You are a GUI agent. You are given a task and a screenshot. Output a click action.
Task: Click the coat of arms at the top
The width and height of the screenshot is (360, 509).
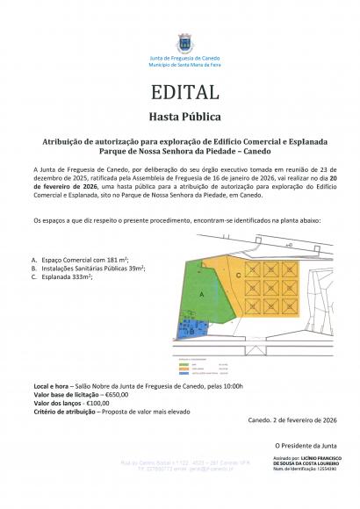pos(184,42)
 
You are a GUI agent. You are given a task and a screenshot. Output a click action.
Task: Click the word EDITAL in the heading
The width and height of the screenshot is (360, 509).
pos(184,91)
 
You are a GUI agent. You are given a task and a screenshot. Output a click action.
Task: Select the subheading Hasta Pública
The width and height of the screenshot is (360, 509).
pos(184,116)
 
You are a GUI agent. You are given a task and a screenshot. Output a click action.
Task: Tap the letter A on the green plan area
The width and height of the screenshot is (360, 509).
pos(203,297)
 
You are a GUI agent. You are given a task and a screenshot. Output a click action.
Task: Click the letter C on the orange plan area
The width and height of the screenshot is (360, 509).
pos(239,276)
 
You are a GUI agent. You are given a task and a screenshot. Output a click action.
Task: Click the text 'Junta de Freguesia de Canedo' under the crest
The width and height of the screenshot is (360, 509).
pos(184,58)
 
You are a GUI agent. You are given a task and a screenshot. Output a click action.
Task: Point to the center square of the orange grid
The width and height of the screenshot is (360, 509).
pos(281,287)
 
